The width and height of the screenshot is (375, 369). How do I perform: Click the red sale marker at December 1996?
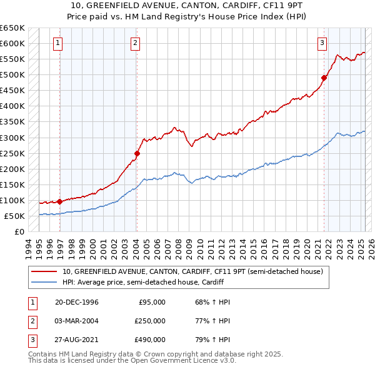tap(60, 201)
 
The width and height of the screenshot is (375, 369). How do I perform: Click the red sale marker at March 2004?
tap(137, 153)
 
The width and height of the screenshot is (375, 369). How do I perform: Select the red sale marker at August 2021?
tap(324, 78)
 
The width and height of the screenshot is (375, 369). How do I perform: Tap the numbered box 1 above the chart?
tap(57, 43)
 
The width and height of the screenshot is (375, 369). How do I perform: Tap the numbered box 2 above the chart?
tap(135, 43)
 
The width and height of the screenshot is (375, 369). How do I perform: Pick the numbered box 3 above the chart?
tap(322, 43)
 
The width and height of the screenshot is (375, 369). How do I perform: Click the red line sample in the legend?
tap(44, 272)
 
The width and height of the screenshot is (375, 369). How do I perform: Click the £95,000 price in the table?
tap(151, 302)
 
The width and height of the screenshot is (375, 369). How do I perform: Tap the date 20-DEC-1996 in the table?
tap(76, 302)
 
